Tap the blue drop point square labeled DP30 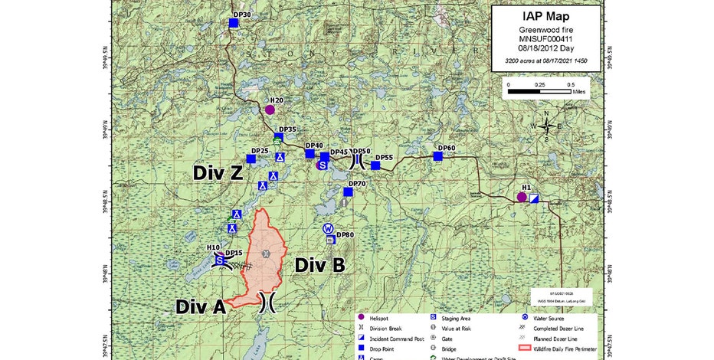tap(234, 23)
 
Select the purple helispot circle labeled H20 tap(270, 110)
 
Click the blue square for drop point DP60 tap(437, 156)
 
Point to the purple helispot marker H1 tap(522, 197)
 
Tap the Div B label tap(319, 265)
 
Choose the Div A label tap(200, 306)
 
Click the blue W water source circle tap(328, 228)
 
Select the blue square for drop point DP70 tap(348, 192)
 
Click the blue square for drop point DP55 tap(375, 165)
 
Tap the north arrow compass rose tap(545, 126)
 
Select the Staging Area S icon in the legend tap(433, 316)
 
